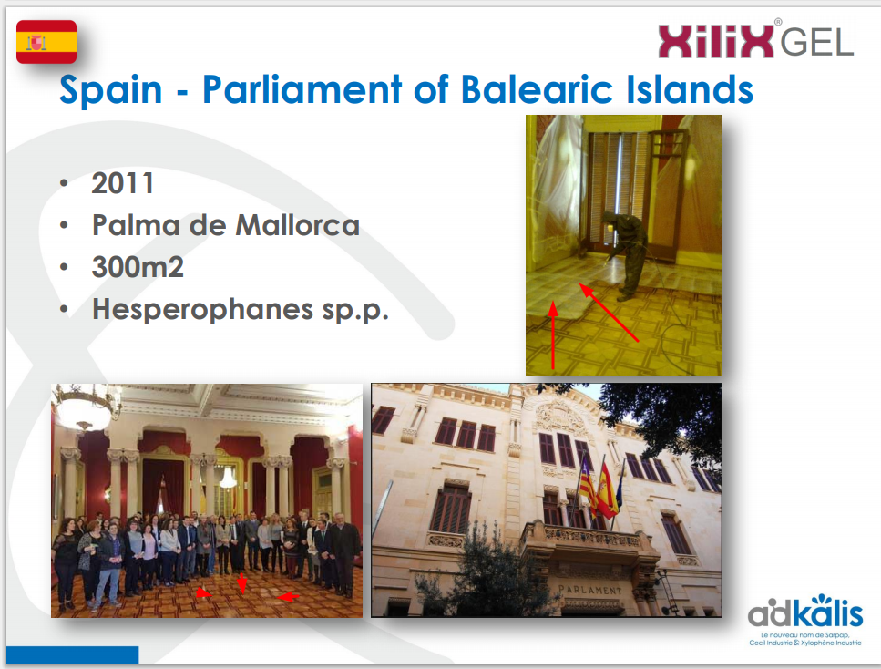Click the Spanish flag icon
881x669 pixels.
46,42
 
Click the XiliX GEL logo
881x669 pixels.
755,39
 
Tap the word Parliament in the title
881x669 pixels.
302,90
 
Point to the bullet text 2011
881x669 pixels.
123,183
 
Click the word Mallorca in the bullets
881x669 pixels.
297,225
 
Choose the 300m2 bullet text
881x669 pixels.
138,267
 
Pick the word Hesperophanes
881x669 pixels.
203,310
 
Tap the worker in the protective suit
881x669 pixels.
625,254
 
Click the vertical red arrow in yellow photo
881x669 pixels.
553,335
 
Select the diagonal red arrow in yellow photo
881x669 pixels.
610,313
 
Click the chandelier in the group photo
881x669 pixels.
85,406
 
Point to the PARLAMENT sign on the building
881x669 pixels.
590,589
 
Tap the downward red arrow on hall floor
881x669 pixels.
241,583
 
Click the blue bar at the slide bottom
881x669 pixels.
73,654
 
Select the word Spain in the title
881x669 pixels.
110,90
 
